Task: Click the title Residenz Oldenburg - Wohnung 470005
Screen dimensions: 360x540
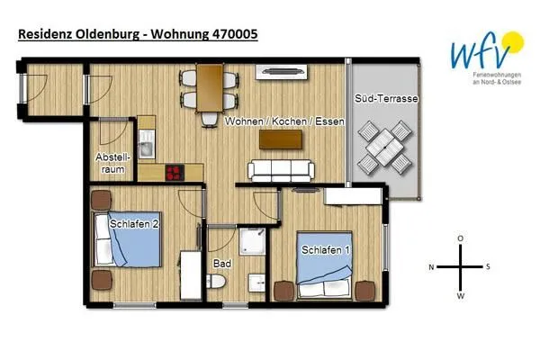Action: coord(138,35)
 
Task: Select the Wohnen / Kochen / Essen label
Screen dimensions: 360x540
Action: coord(284,120)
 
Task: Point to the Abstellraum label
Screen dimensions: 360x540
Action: coord(112,161)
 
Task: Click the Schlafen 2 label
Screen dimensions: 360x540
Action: coord(135,223)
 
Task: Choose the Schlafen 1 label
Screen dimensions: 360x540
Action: coord(326,249)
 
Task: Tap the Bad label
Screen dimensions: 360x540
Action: coord(221,264)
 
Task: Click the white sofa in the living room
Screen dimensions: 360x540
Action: coord(281,168)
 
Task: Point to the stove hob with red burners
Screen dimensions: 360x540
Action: coord(173,172)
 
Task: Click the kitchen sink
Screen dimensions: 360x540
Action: coord(146,144)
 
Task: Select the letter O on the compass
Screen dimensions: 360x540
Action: coord(460,238)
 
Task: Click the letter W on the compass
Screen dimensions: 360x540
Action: coord(460,294)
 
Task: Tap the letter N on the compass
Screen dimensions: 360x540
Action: coord(431,266)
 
